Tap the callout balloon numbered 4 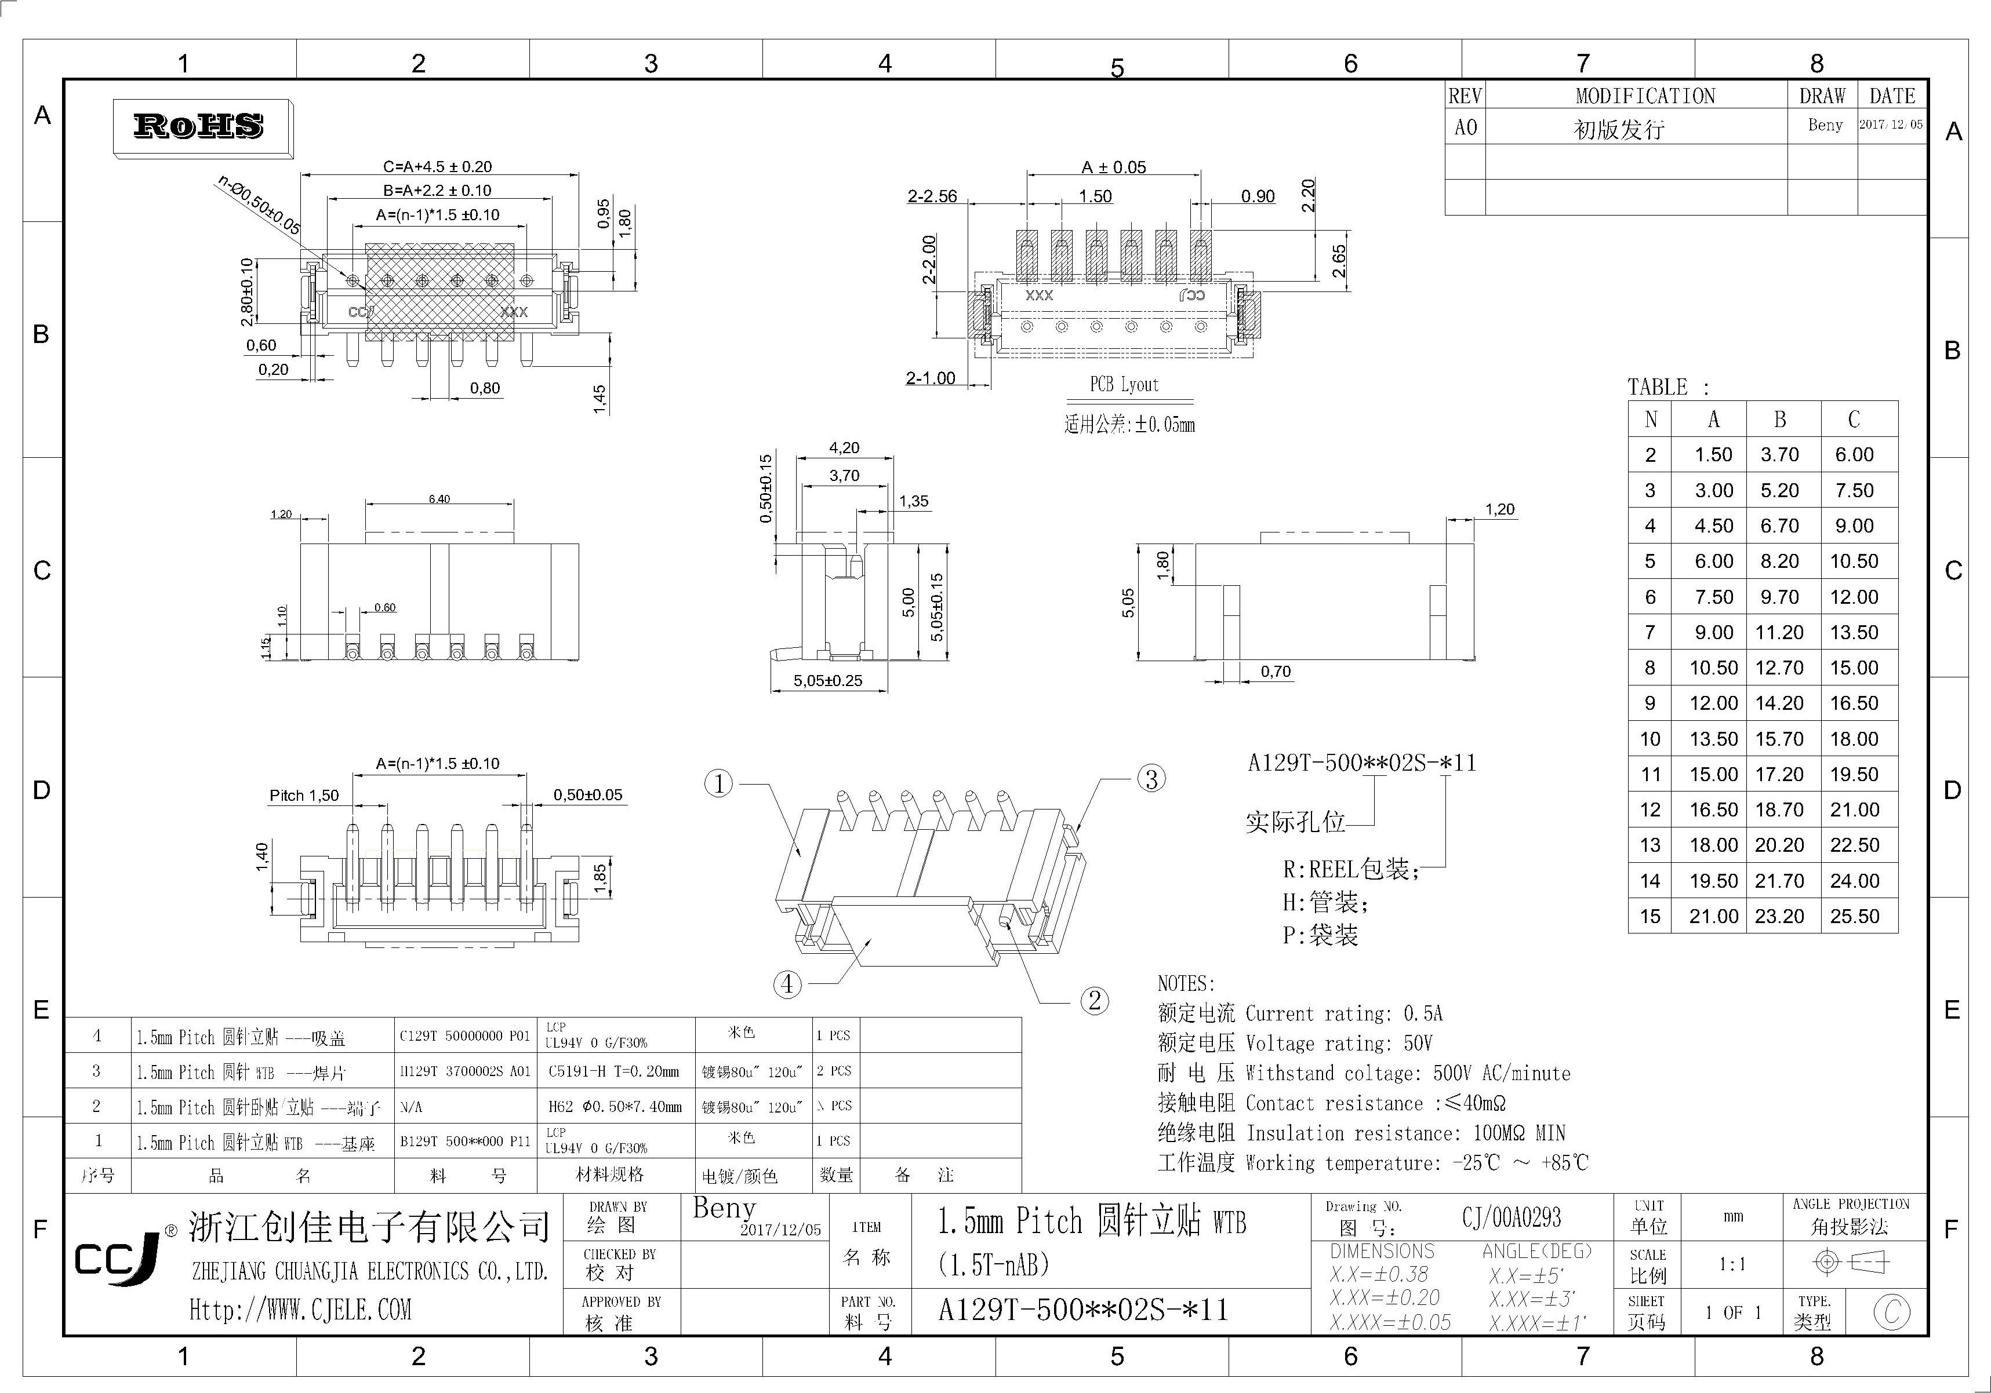tap(787, 984)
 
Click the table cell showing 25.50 tap(1854, 916)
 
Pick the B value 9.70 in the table tap(1779, 597)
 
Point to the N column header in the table tap(1650, 420)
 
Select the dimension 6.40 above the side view tap(439, 499)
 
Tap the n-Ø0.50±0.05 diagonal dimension tap(259, 206)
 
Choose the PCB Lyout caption tap(1124, 385)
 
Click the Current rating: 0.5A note tap(1344, 1013)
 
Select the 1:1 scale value tap(1732, 1265)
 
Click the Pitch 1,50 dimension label tap(304, 796)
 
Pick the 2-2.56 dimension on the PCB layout tap(932, 197)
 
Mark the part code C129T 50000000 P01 tap(465, 1036)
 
